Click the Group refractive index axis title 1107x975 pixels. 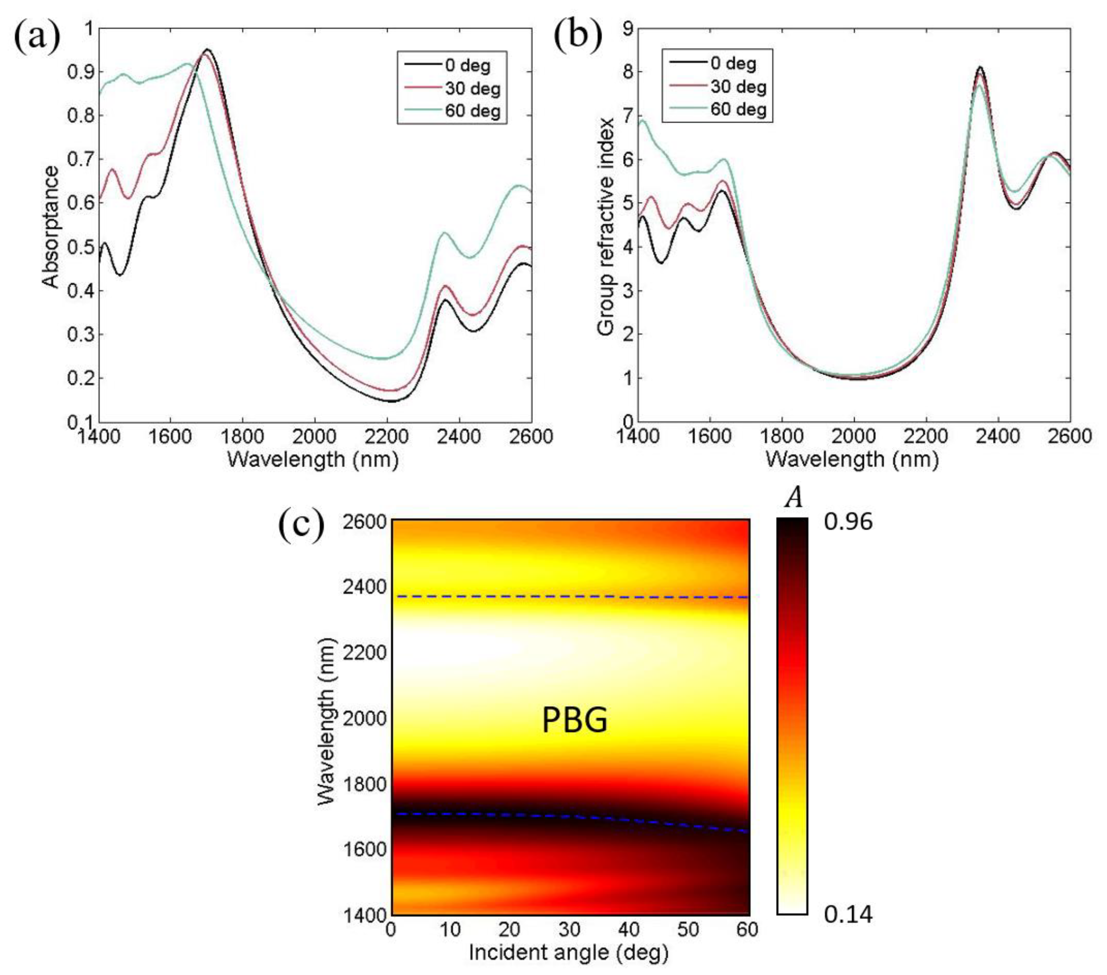point(607,226)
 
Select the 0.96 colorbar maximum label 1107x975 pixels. point(848,522)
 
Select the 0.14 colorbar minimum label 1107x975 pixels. point(848,915)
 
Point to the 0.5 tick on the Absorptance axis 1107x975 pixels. point(80,247)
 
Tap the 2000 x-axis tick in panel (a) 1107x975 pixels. point(314,436)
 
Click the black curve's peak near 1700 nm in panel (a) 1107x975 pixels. point(207,49)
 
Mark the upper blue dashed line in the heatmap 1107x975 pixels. point(569,596)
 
